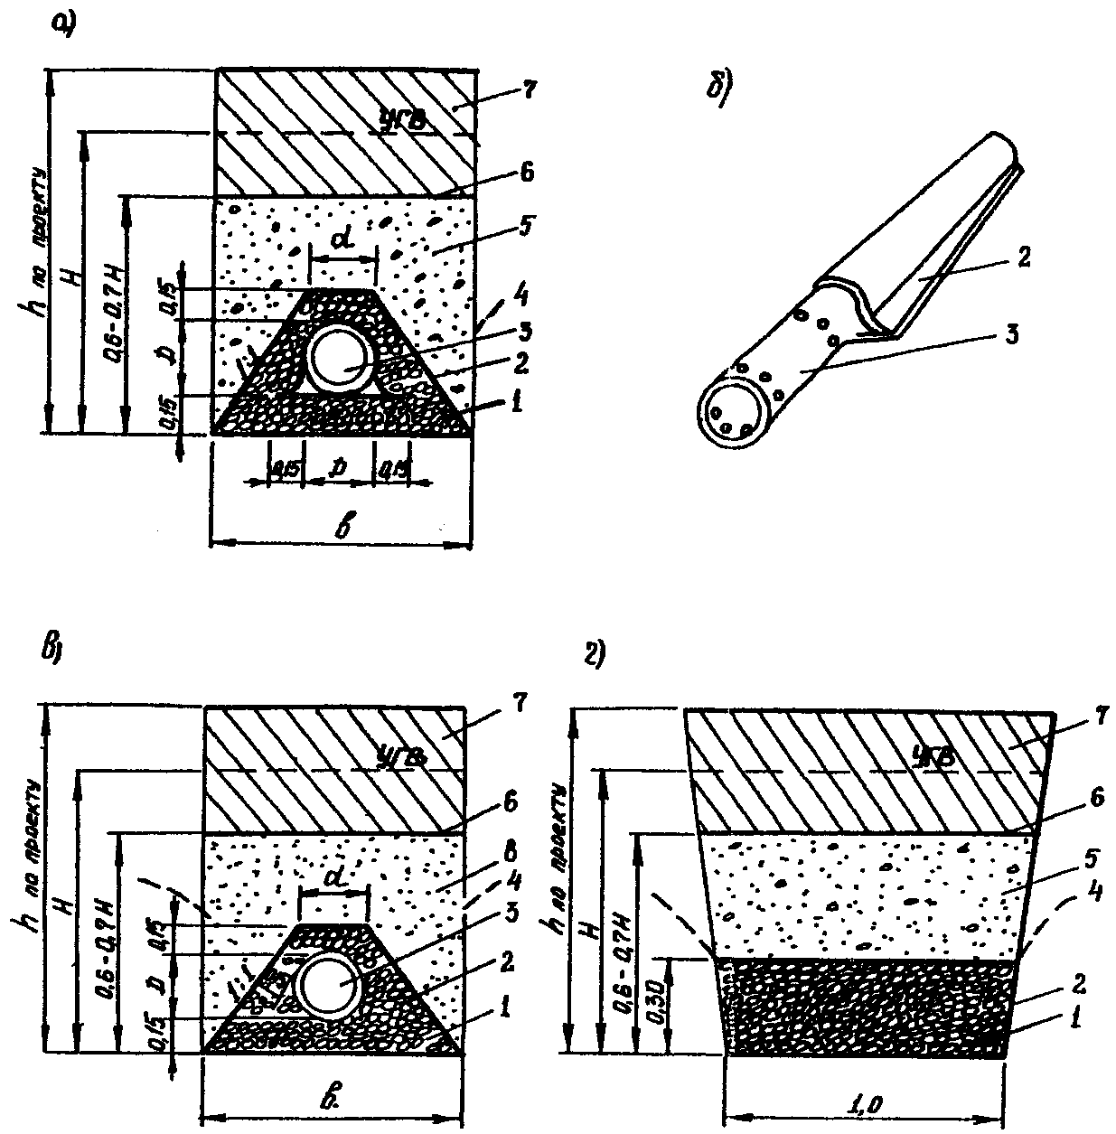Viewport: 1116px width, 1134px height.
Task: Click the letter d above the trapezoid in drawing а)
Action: coord(342,240)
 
